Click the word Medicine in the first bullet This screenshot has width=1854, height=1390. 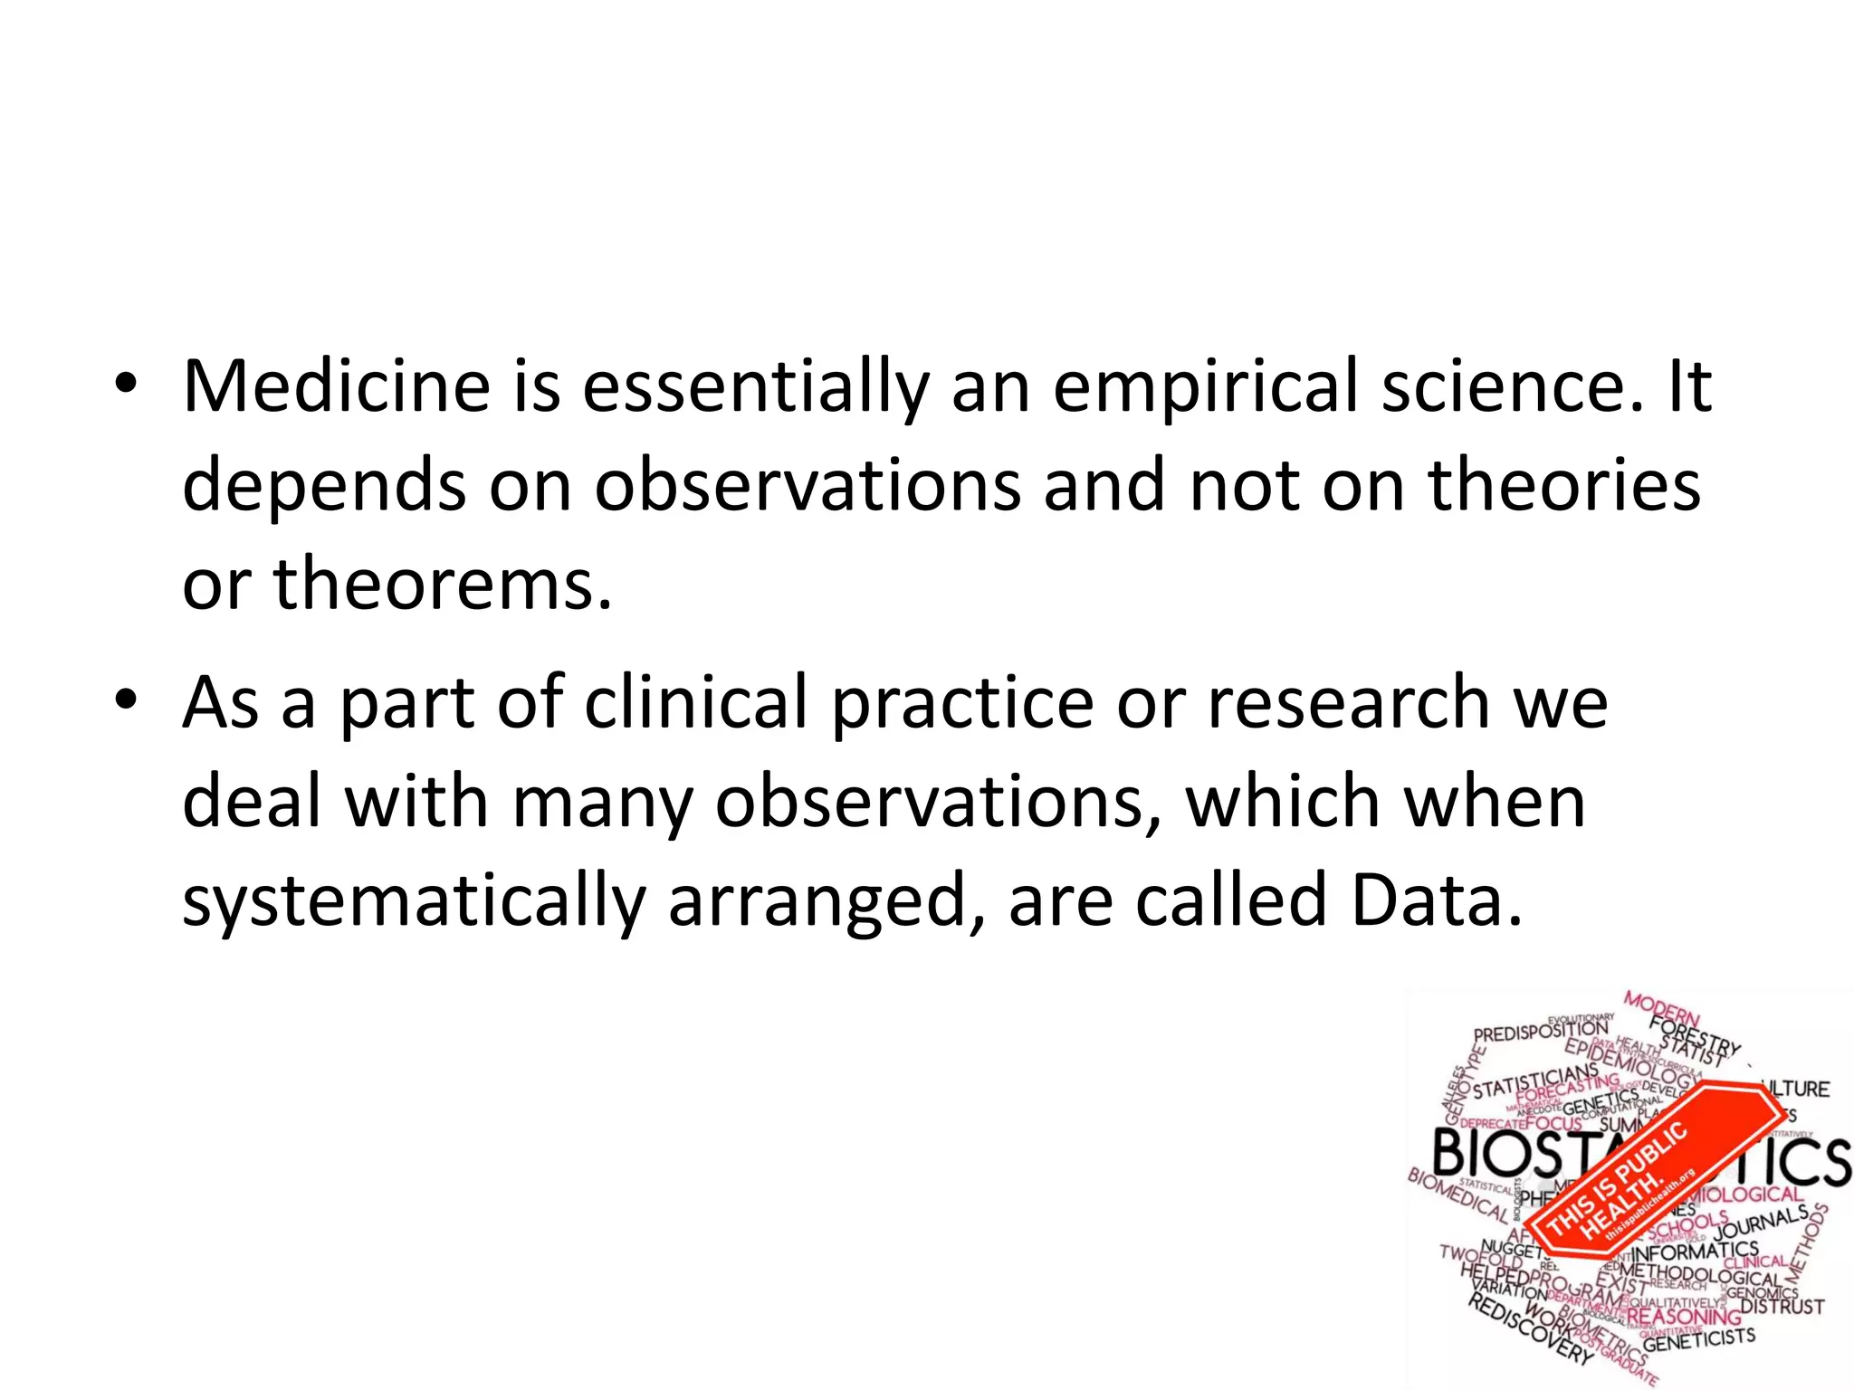pos(336,387)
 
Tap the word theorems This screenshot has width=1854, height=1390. pos(442,584)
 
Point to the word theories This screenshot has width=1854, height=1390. pos(1564,486)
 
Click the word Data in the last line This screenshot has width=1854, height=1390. pos(1436,900)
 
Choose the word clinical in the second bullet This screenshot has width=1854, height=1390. pos(696,703)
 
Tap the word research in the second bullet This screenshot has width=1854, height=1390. pos(1349,703)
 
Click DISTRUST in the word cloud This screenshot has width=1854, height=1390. pos(1782,1307)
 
